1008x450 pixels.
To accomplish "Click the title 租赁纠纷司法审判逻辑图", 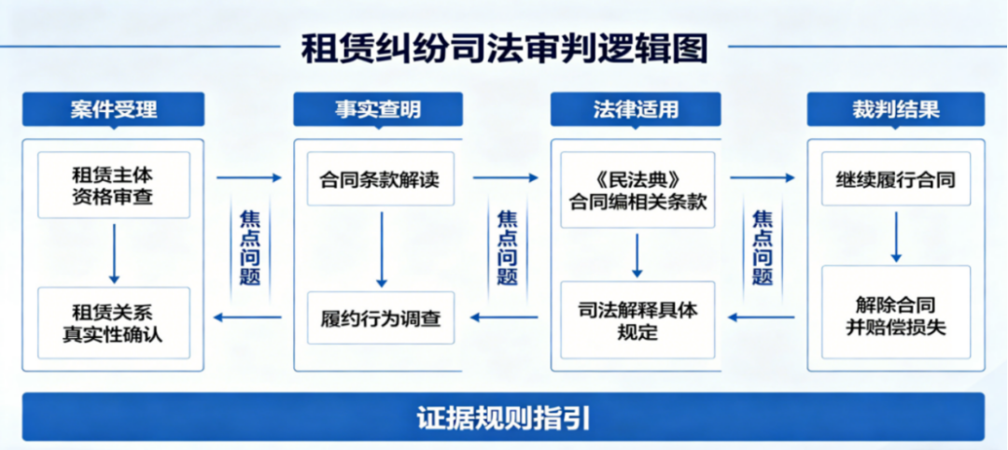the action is [x=505, y=49].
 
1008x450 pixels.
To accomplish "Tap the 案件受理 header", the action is [x=113, y=109].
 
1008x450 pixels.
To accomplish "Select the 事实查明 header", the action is [x=378, y=109].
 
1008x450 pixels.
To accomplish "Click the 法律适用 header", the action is [x=636, y=109].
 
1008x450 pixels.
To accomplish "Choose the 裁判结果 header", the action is [x=896, y=109].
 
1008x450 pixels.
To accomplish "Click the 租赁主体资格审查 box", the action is [x=114, y=185].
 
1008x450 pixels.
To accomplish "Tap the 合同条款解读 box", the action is [x=381, y=178].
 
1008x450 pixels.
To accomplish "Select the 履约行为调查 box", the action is [x=381, y=317].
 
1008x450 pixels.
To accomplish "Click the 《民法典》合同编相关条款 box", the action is [x=637, y=190].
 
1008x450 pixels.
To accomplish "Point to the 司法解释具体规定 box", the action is [x=637, y=319].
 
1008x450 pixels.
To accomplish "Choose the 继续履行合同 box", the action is [x=896, y=178].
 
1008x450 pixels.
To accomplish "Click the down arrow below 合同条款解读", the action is [x=381, y=248].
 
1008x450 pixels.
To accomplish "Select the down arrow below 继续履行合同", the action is [x=896, y=236].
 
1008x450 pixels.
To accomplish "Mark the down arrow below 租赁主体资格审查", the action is [x=115, y=253].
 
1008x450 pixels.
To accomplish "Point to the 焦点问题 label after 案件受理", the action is [x=249, y=247].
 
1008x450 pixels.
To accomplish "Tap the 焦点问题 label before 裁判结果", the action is [x=763, y=247].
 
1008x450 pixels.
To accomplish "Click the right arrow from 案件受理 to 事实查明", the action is [x=249, y=177].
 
